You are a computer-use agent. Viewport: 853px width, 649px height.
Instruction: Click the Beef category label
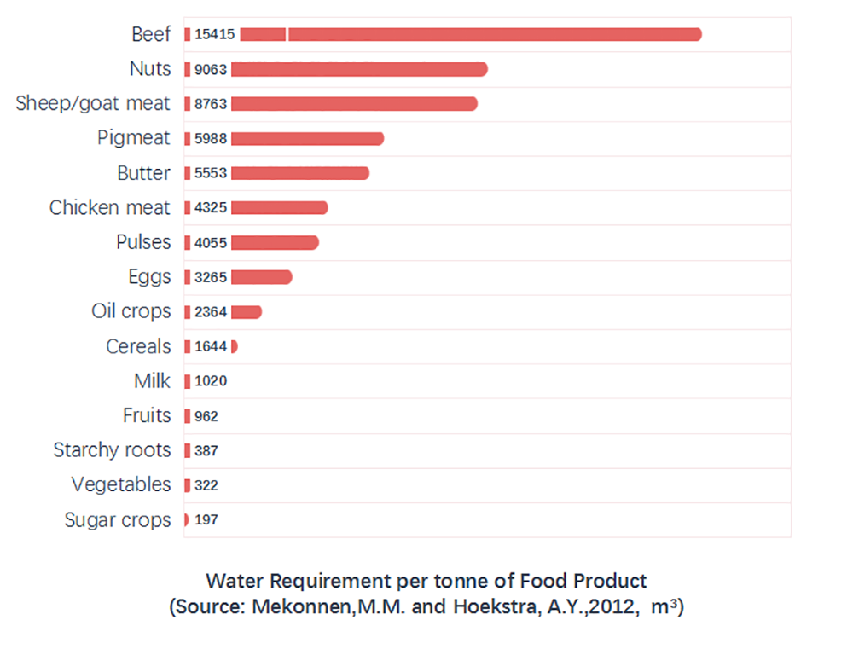pos(151,35)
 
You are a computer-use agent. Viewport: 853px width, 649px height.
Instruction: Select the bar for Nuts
pos(358,69)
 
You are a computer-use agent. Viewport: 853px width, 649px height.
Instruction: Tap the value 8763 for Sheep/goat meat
pos(211,104)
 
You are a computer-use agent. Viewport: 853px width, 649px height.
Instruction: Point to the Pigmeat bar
pos(307,138)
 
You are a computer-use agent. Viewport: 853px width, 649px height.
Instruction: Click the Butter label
pos(143,173)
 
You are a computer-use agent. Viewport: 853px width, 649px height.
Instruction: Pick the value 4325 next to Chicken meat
pos(211,208)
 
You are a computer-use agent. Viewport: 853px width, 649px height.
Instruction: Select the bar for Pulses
pos(275,242)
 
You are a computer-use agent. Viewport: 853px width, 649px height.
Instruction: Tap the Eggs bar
pos(261,277)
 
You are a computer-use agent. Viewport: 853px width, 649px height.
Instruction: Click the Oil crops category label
pos(131,311)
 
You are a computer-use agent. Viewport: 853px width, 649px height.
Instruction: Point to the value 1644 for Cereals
pos(211,346)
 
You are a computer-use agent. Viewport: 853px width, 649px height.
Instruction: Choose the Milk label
pos(152,381)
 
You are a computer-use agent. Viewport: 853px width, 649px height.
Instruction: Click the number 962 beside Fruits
pos(206,416)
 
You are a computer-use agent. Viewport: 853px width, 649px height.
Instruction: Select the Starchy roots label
pos(112,450)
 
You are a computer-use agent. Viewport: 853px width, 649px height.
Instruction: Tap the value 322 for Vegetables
pos(206,485)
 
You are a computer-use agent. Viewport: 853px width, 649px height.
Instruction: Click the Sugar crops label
pos(118,520)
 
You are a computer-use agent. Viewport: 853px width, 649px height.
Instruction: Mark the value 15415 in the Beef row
pos(213,35)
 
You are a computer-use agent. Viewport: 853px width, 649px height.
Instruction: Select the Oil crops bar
pos(246,312)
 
